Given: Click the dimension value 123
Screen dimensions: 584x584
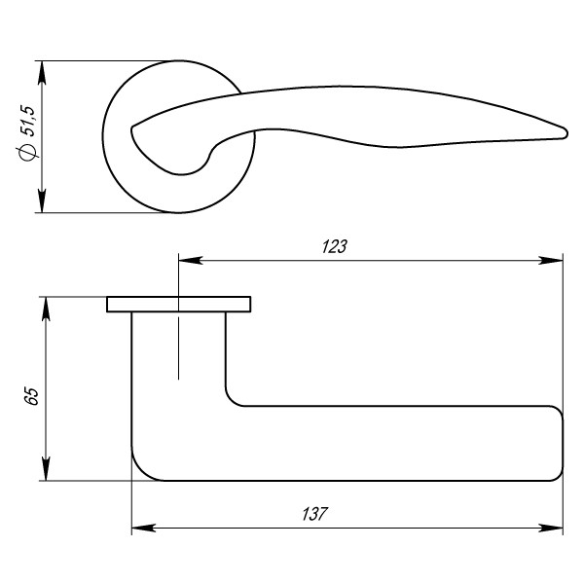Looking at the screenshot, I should pos(334,247).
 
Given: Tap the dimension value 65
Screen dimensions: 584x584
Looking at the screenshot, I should pos(31,396).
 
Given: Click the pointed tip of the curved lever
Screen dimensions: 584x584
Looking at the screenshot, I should pos(565,129).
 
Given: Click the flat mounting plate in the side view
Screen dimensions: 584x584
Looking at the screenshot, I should pos(178,305).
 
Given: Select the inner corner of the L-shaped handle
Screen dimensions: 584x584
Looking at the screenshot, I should pos(233,399).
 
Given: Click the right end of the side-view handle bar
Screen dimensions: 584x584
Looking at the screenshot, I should pos(562,444).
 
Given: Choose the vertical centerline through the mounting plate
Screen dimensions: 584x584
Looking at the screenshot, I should pos(178,341).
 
